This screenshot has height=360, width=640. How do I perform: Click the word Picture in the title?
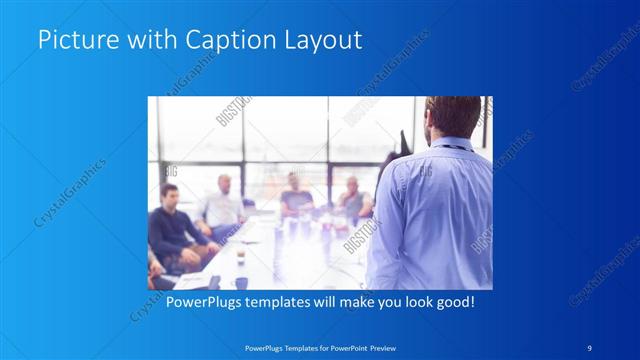73,41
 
